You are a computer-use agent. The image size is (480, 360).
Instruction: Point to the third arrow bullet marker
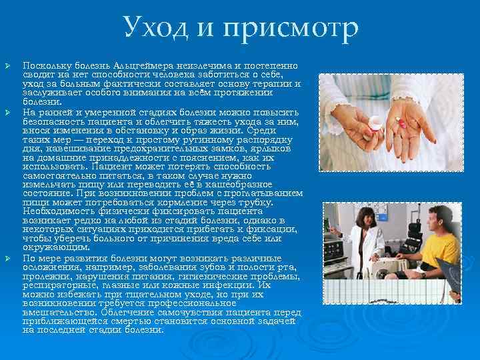coord(8,257)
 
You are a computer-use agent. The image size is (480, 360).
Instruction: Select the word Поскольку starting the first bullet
coord(44,67)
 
